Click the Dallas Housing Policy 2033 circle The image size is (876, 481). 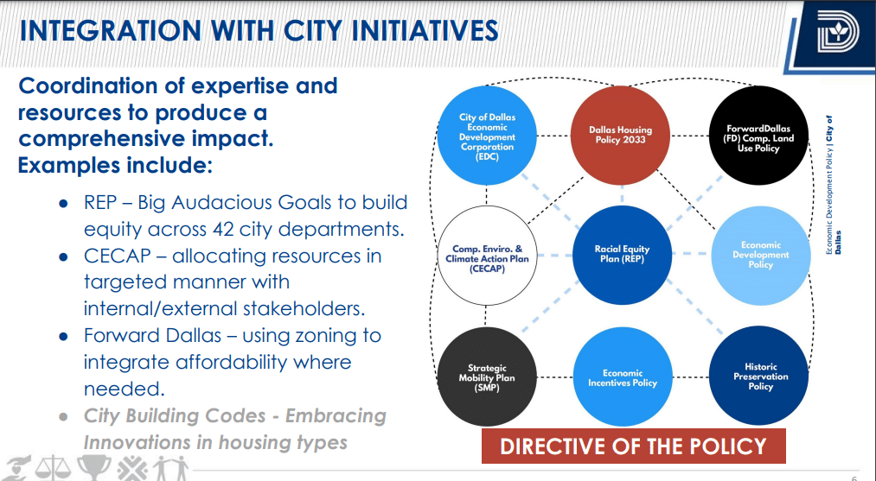[620, 136]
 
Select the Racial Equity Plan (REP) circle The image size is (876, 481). [623, 255]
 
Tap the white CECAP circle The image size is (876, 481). [487, 256]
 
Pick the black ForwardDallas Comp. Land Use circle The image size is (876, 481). [758, 136]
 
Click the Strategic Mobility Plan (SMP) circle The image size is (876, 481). [487, 377]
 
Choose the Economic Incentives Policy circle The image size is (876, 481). [623, 377]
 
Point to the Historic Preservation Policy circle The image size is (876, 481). [759, 377]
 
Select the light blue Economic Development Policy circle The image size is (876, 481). [761, 255]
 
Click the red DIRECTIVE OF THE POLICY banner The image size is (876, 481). [634, 446]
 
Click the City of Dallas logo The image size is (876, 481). [837, 33]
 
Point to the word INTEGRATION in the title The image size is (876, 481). [111, 31]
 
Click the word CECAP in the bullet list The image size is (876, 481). [118, 256]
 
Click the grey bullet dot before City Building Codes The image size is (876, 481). [64, 417]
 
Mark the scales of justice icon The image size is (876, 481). [53, 468]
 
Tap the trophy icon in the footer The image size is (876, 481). [93, 467]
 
